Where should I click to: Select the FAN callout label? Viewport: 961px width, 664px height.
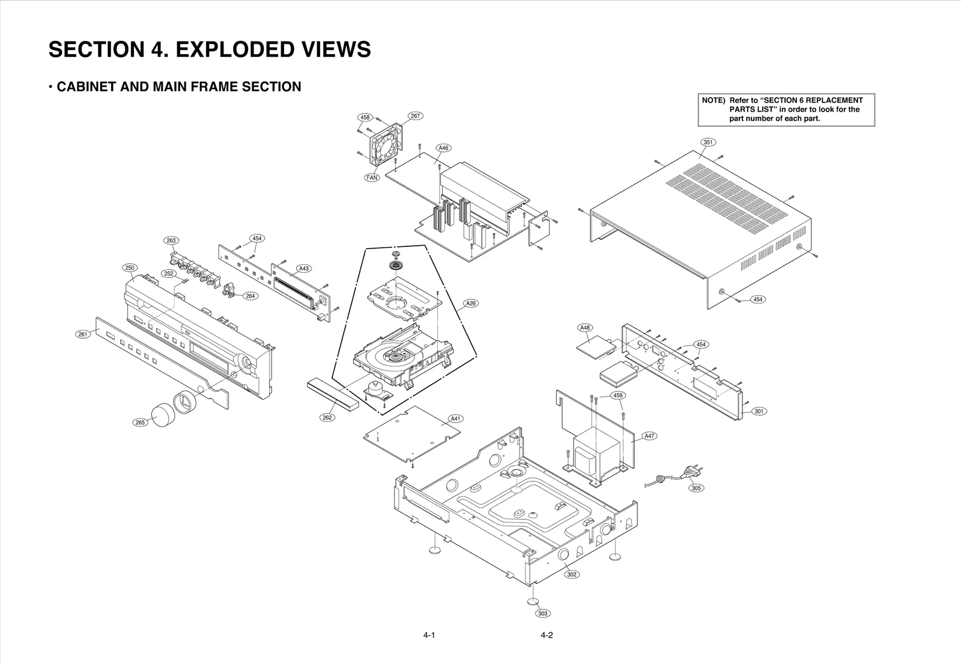click(x=372, y=178)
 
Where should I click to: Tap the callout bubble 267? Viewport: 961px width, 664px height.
click(x=415, y=115)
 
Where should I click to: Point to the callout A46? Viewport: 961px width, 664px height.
click(x=443, y=148)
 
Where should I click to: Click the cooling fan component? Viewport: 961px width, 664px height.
click(x=384, y=144)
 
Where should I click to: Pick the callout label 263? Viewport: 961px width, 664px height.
click(x=171, y=240)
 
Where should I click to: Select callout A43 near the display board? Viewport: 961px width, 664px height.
click(x=304, y=269)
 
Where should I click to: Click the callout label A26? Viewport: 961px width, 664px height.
click(x=471, y=303)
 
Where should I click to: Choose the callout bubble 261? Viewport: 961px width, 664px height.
click(x=83, y=334)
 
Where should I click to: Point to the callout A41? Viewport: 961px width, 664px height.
click(x=456, y=418)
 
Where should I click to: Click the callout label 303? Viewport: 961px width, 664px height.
click(x=542, y=614)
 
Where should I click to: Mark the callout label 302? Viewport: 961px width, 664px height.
click(x=572, y=574)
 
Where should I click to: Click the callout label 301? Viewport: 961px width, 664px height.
click(x=759, y=411)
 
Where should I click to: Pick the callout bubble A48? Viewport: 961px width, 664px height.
click(x=585, y=328)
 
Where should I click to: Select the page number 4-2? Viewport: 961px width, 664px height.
click(x=546, y=635)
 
